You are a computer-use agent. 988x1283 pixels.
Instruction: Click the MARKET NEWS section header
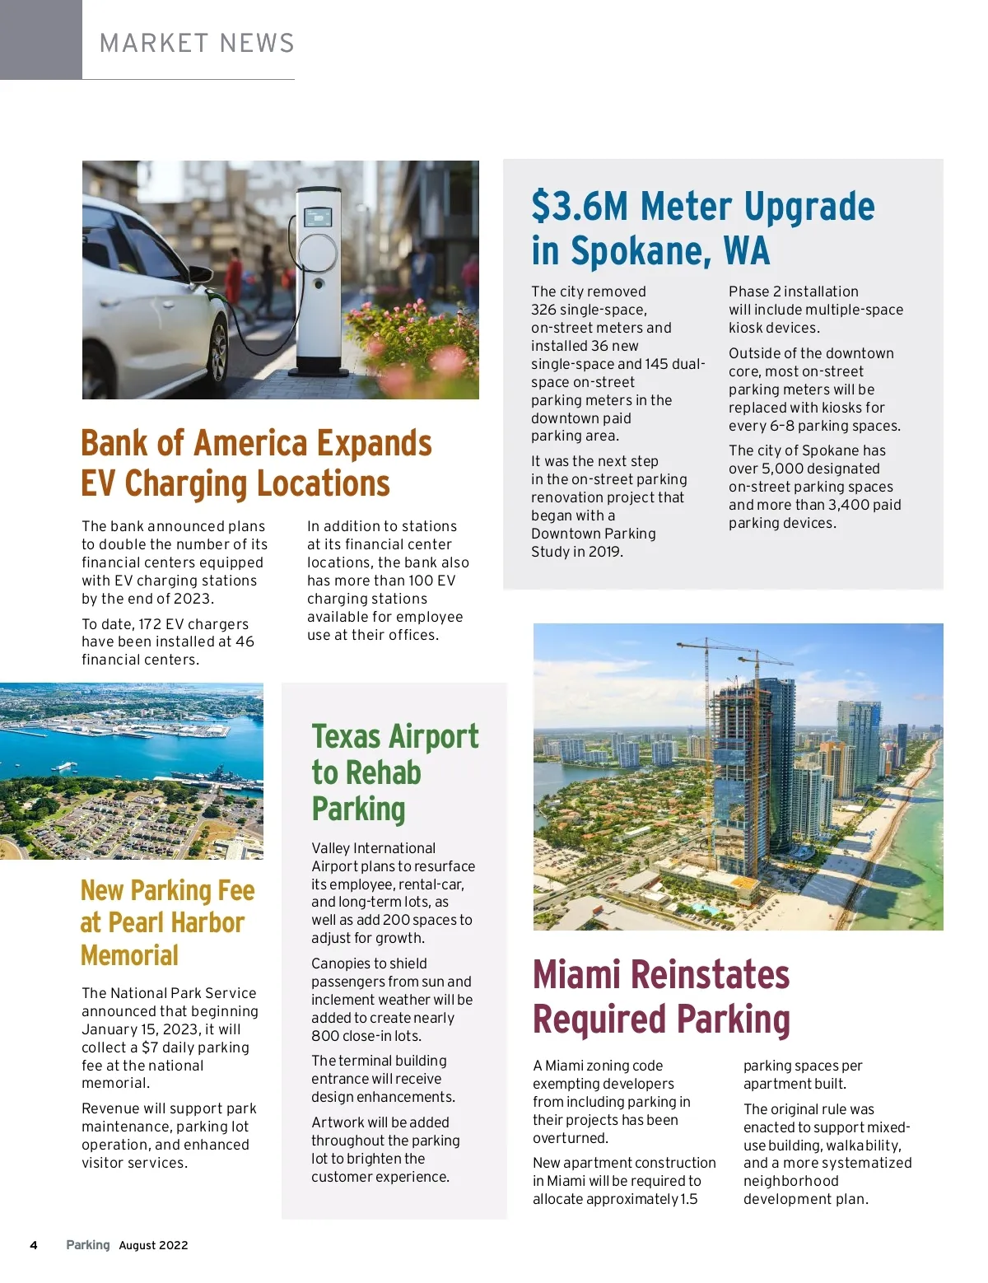(197, 43)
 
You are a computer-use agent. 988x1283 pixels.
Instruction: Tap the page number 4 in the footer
(34, 1245)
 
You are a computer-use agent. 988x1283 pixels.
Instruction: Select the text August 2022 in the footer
(153, 1245)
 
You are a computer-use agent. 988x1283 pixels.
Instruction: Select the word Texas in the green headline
(346, 736)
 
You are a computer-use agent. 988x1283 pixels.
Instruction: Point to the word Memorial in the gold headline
(129, 955)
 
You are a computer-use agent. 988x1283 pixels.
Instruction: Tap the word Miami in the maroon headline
(576, 975)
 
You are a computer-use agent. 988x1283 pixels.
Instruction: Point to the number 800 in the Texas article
(324, 1036)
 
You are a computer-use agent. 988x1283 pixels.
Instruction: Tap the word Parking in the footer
(87, 1245)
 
